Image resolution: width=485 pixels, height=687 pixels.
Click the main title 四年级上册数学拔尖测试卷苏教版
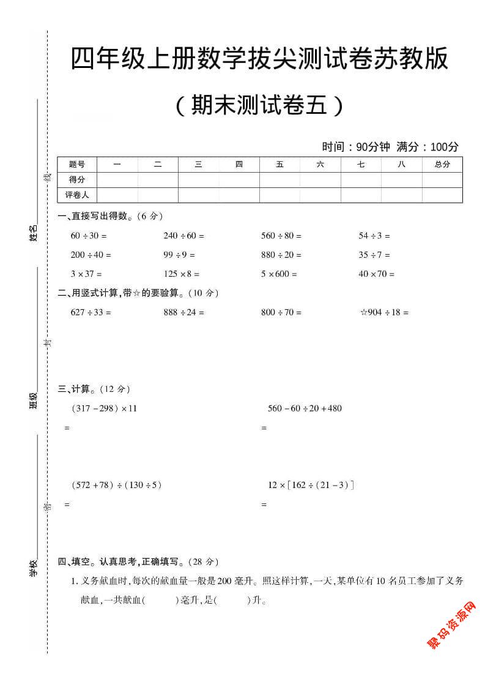pyautogui.click(x=259, y=59)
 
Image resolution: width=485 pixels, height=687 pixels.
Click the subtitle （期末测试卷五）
pyautogui.click(x=259, y=106)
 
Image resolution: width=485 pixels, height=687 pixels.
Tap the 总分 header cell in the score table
pyautogui.click(x=442, y=164)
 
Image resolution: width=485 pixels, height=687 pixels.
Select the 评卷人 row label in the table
pyautogui.click(x=77, y=195)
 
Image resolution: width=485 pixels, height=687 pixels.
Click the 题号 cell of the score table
pyautogui.click(x=77, y=164)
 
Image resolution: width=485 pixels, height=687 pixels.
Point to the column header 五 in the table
pyautogui.click(x=280, y=164)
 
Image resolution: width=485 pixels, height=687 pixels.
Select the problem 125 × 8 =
pyautogui.click(x=181, y=274)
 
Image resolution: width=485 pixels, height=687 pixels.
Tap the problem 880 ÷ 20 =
pyautogui.click(x=281, y=255)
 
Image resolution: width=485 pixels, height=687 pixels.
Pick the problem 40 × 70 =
pyautogui.click(x=376, y=274)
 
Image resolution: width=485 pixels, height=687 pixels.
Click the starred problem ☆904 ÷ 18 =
pyautogui.click(x=383, y=312)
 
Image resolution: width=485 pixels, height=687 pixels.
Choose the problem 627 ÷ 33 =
pyautogui.click(x=91, y=312)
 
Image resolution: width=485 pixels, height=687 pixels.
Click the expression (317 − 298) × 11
pyautogui.click(x=104, y=408)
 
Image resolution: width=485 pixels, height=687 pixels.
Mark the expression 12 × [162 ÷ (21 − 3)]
pyautogui.click(x=311, y=485)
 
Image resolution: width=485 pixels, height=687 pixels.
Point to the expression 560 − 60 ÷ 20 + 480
pyautogui.click(x=305, y=408)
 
